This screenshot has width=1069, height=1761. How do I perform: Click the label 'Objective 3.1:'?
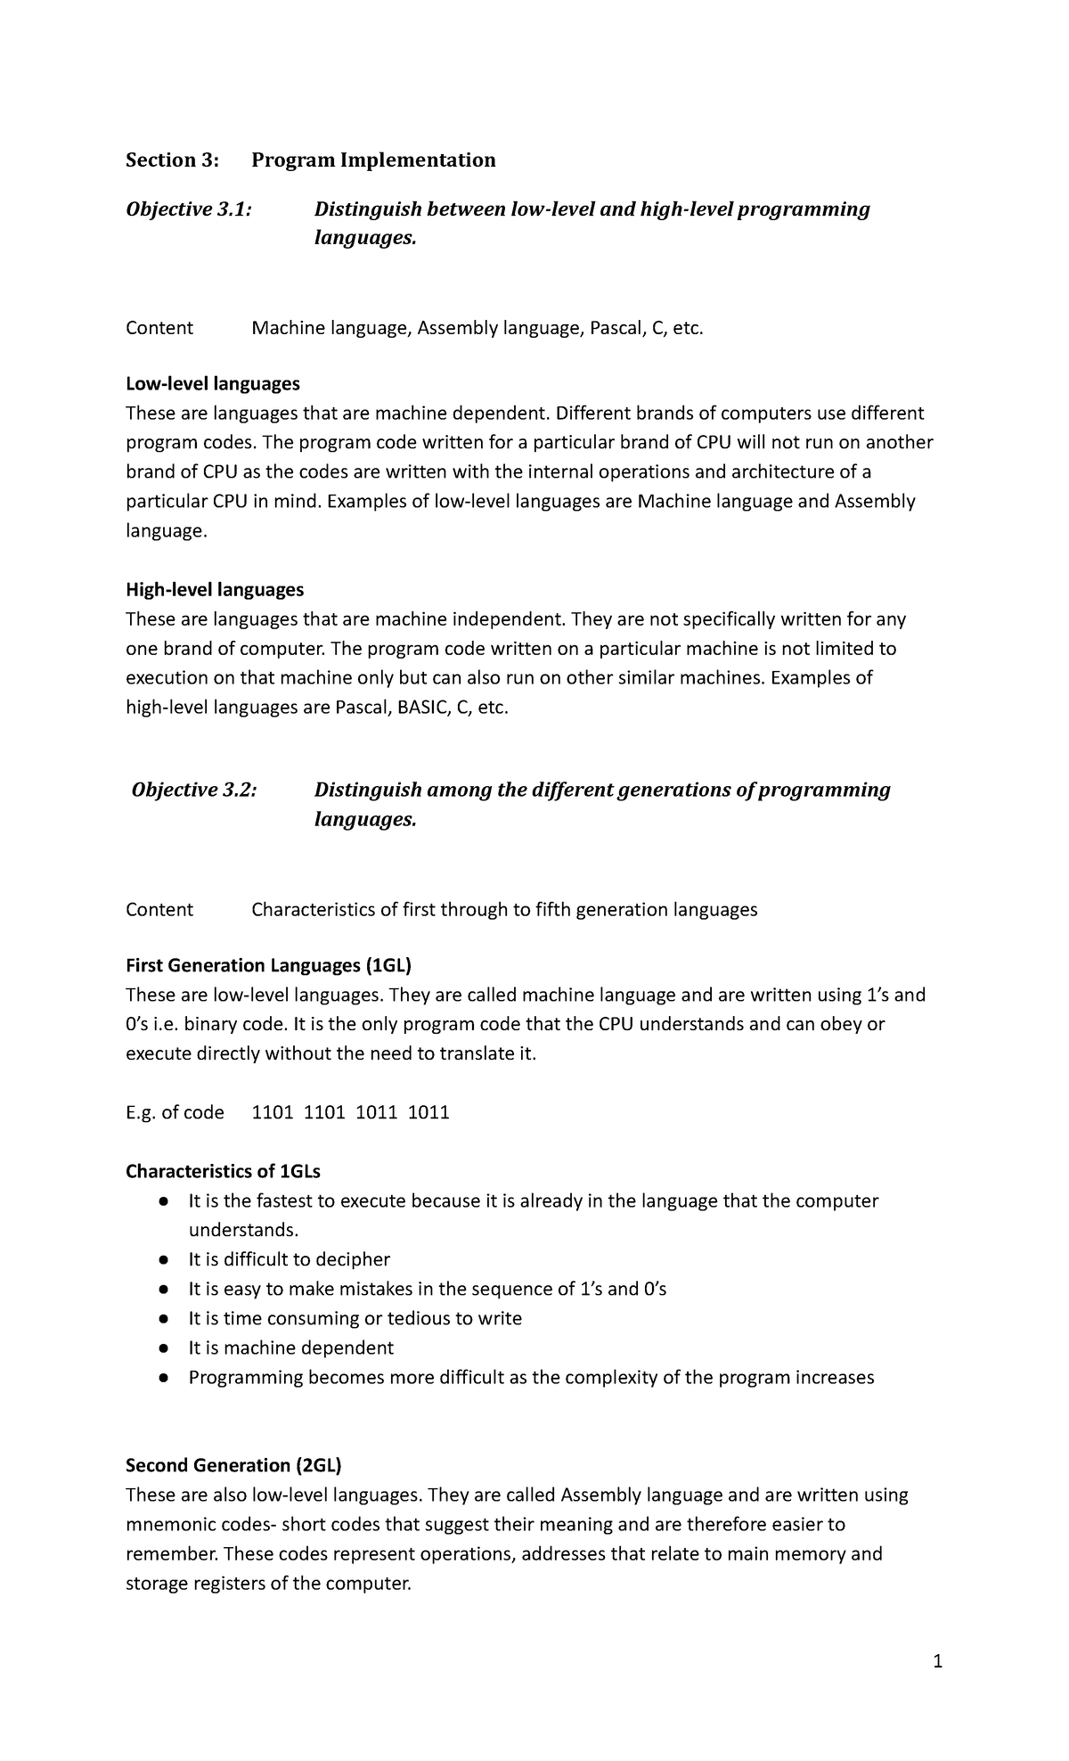point(188,209)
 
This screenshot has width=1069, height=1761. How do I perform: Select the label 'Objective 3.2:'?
point(193,790)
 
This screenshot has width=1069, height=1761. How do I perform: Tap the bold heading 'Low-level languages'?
point(213,384)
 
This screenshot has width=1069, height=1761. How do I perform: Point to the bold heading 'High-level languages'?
point(215,590)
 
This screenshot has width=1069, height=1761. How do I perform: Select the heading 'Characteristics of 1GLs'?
point(223,1172)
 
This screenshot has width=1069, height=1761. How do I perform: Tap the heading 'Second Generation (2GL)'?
point(233,1466)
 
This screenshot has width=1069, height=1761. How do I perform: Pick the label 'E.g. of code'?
point(175,1113)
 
